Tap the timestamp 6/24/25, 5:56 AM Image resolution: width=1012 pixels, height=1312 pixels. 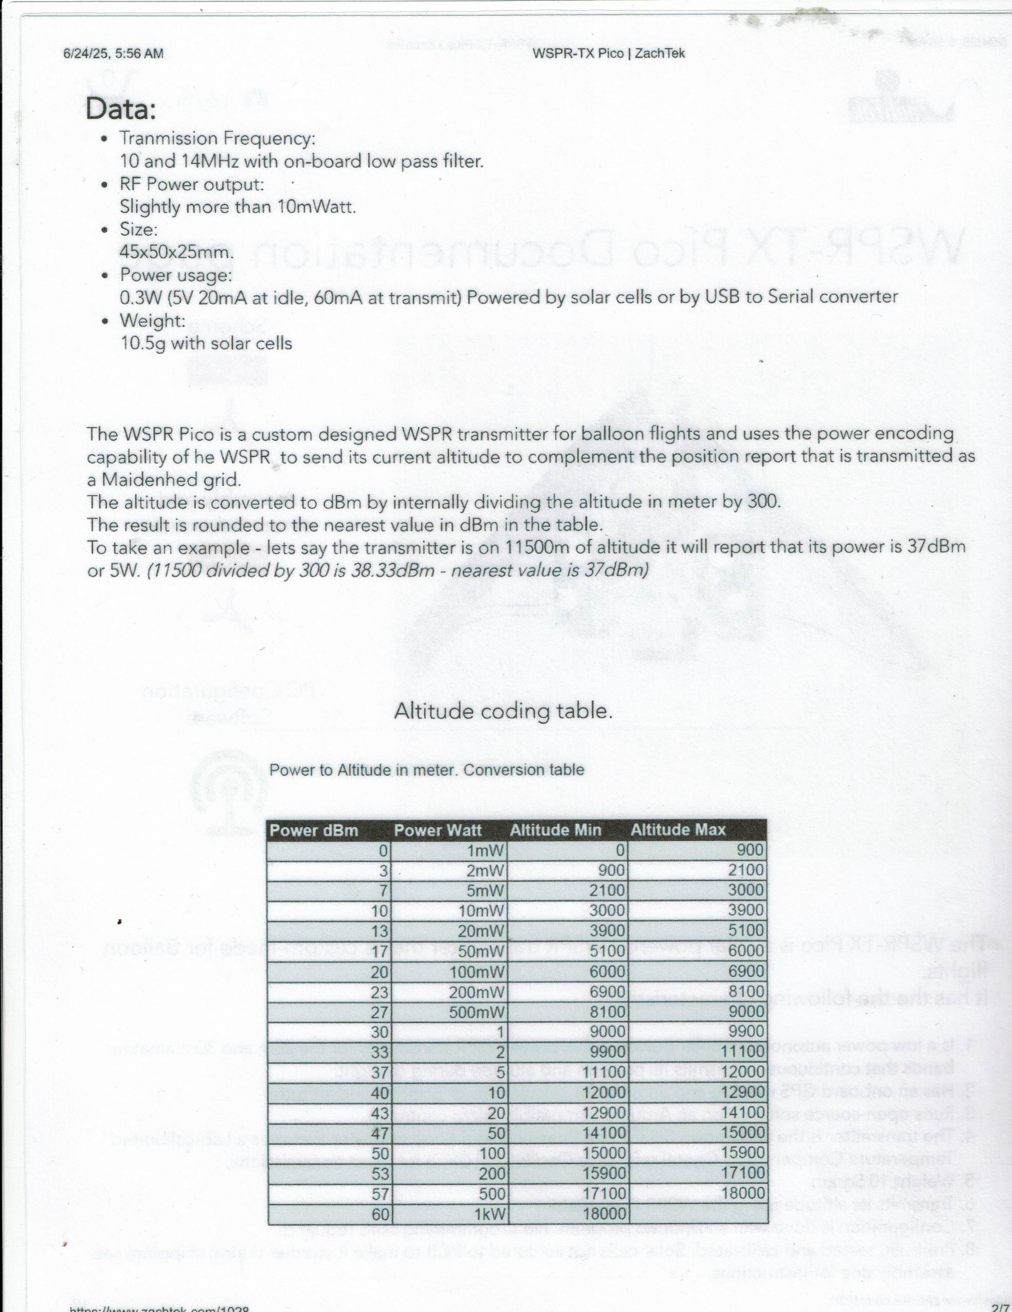coord(113,53)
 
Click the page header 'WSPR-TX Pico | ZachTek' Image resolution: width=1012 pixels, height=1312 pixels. coord(608,53)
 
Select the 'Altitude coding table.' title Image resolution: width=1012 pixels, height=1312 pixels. coord(503,711)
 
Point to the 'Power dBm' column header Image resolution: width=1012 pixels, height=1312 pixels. coord(314,830)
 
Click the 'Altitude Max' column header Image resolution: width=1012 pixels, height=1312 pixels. coord(678,830)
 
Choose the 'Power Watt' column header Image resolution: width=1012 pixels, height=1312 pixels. coord(437,830)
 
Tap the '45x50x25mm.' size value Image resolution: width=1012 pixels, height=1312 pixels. coord(176,252)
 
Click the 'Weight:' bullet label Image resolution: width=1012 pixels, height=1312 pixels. coord(152,321)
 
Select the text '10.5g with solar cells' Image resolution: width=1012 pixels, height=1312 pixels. coord(206,343)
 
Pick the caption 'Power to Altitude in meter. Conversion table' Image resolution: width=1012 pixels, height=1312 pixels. coord(426,770)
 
